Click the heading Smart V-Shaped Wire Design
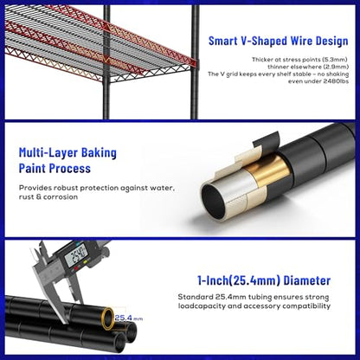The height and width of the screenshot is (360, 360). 278,41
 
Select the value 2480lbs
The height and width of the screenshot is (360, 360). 336,81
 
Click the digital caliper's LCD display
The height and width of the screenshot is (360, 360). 76,255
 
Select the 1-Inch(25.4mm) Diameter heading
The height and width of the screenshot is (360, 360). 264,280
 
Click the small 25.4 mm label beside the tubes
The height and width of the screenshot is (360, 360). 129,318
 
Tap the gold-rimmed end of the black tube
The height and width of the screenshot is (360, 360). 108,318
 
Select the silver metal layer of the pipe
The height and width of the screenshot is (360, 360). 240,183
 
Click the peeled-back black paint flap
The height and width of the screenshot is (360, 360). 267,139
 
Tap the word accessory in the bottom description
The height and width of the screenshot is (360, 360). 262,306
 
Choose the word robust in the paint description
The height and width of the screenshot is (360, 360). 64,188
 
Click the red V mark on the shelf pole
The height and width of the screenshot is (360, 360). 106,61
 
